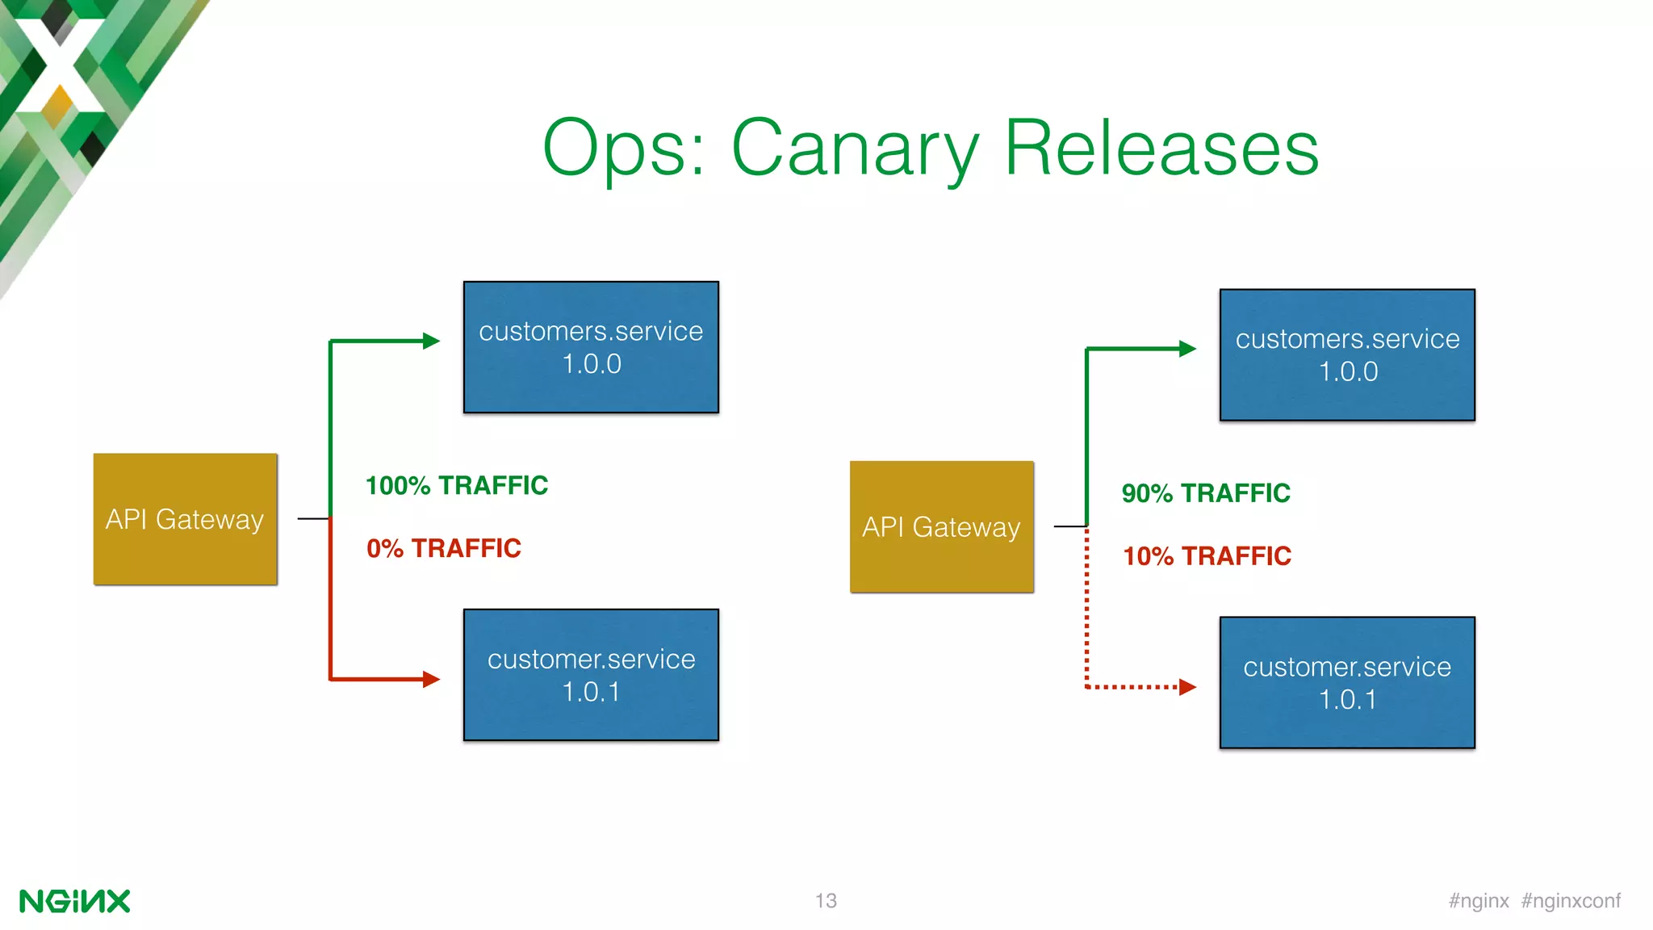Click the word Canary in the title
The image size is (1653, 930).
(x=856, y=149)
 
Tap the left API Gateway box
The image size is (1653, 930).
(x=185, y=519)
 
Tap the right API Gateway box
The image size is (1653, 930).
(x=941, y=526)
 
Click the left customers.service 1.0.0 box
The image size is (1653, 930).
(x=591, y=347)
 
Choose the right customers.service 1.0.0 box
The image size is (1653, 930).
(x=1347, y=355)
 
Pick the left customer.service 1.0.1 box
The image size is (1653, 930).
(x=591, y=675)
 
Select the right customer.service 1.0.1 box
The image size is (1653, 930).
(x=1347, y=683)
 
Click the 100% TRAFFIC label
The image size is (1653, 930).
(x=457, y=485)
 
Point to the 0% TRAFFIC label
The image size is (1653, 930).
(x=444, y=548)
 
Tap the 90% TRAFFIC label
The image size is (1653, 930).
(x=1206, y=493)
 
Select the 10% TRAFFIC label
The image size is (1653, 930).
(x=1207, y=556)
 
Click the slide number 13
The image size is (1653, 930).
(x=826, y=900)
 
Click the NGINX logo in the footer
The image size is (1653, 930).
(x=74, y=901)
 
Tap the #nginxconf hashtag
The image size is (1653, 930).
(x=1571, y=900)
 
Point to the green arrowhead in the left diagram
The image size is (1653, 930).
(x=432, y=341)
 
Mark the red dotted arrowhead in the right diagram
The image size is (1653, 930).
(x=1187, y=687)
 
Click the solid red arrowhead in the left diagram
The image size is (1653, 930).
(x=432, y=679)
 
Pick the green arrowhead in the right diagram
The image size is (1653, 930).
(x=1187, y=349)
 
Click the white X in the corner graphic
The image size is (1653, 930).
(x=58, y=65)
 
